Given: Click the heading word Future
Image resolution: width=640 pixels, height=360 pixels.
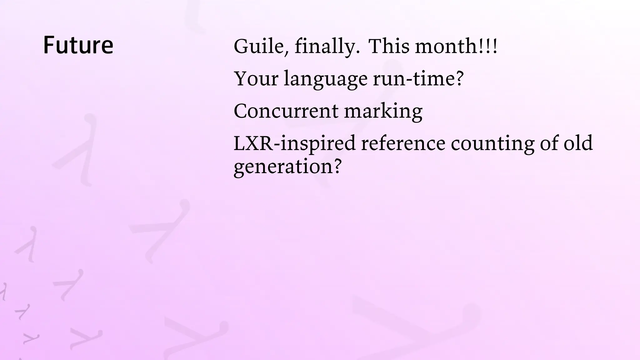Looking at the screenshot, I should (78, 45).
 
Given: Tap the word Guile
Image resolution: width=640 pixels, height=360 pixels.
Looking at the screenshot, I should (258, 46).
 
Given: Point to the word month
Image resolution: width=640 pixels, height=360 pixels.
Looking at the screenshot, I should (446, 46).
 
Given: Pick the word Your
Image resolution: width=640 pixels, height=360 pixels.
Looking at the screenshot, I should (256, 78).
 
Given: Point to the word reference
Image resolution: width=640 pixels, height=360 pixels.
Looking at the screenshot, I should (403, 143).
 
